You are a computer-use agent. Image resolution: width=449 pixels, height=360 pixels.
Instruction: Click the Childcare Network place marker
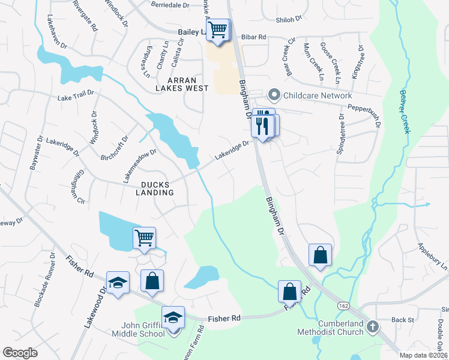click(x=274, y=95)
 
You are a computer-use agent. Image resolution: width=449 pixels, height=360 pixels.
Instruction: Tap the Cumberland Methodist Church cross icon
click(x=373, y=328)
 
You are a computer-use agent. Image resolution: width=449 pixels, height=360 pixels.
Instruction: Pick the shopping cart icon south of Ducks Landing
click(x=145, y=238)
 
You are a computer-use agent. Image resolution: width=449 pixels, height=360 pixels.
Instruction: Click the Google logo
click(x=20, y=352)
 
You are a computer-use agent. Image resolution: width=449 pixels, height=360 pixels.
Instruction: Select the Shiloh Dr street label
click(x=288, y=20)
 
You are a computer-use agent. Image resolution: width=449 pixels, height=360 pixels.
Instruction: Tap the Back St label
click(x=399, y=320)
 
